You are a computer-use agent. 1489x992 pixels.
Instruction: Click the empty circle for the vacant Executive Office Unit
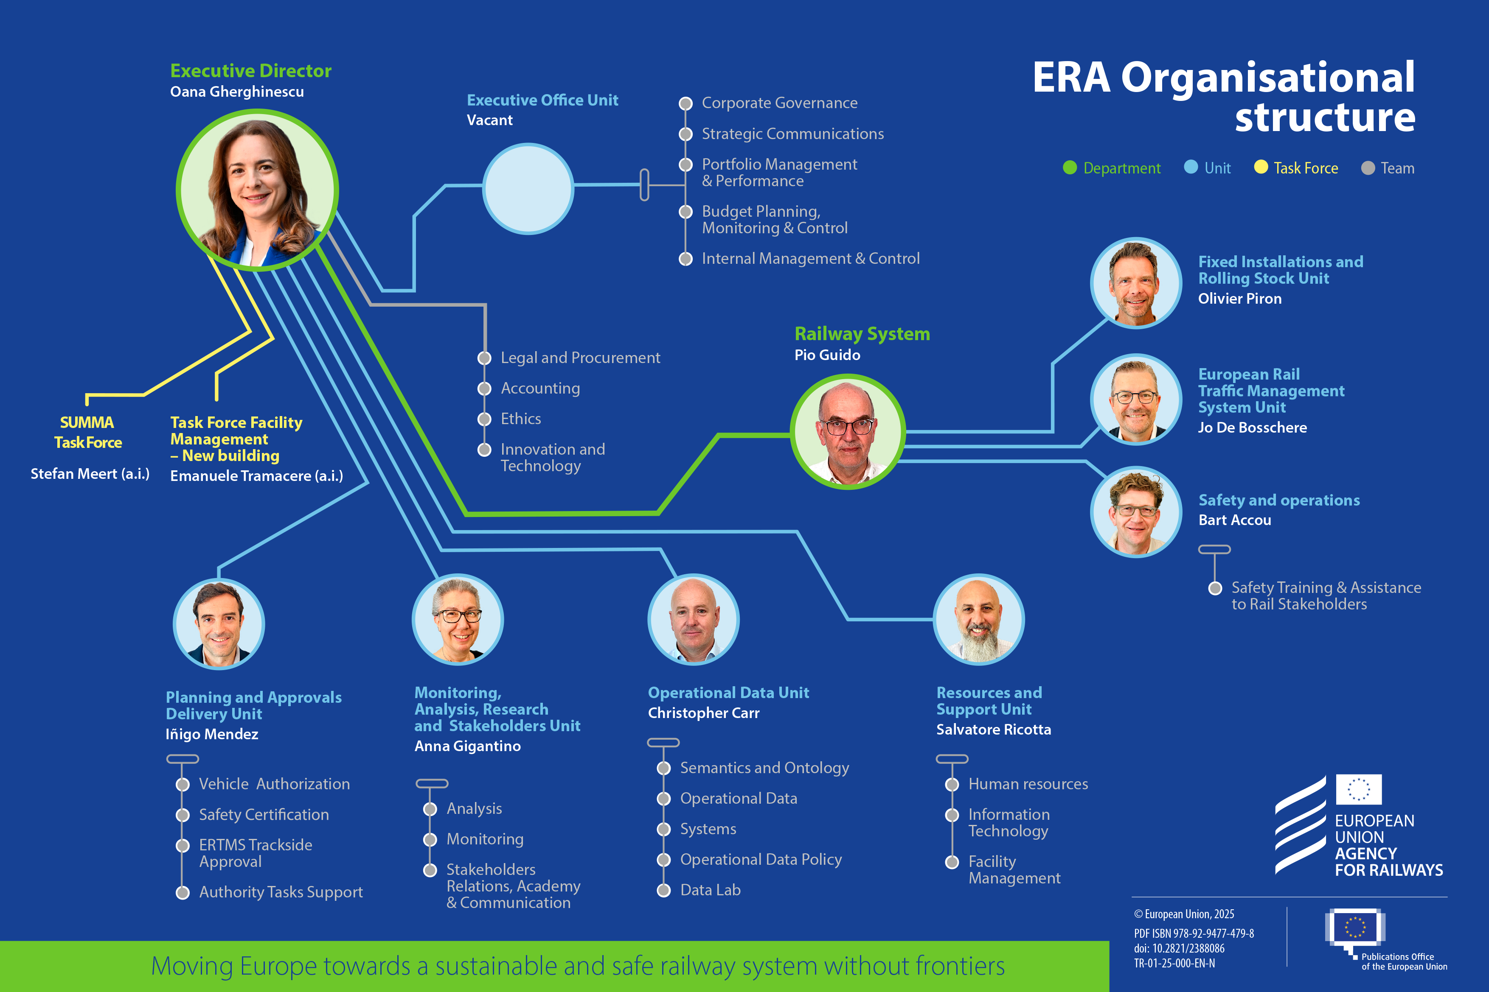click(528, 189)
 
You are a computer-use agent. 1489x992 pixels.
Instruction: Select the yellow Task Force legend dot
click(1261, 167)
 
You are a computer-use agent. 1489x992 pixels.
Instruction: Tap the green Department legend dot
click(1070, 168)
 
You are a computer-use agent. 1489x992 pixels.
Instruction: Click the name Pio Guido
click(827, 355)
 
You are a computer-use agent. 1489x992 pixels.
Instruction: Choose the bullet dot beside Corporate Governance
click(685, 103)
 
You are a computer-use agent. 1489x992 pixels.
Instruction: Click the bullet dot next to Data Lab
click(663, 890)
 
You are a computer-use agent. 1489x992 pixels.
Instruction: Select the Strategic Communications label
click(792, 134)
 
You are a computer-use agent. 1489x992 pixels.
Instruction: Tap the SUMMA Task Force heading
click(87, 432)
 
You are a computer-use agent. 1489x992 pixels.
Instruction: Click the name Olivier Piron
click(1239, 299)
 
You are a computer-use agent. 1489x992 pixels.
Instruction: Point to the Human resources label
click(1028, 784)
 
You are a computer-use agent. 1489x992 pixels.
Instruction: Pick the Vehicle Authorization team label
click(274, 784)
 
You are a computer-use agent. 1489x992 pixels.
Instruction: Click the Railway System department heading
click(862, 334)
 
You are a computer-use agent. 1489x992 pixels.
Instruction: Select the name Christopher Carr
click(703, 713)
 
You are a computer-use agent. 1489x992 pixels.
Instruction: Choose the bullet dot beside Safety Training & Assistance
click(1215, 588)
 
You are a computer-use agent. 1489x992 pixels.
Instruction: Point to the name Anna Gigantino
click(467, 746)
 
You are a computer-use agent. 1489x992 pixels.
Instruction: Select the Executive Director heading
click(251, 71)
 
